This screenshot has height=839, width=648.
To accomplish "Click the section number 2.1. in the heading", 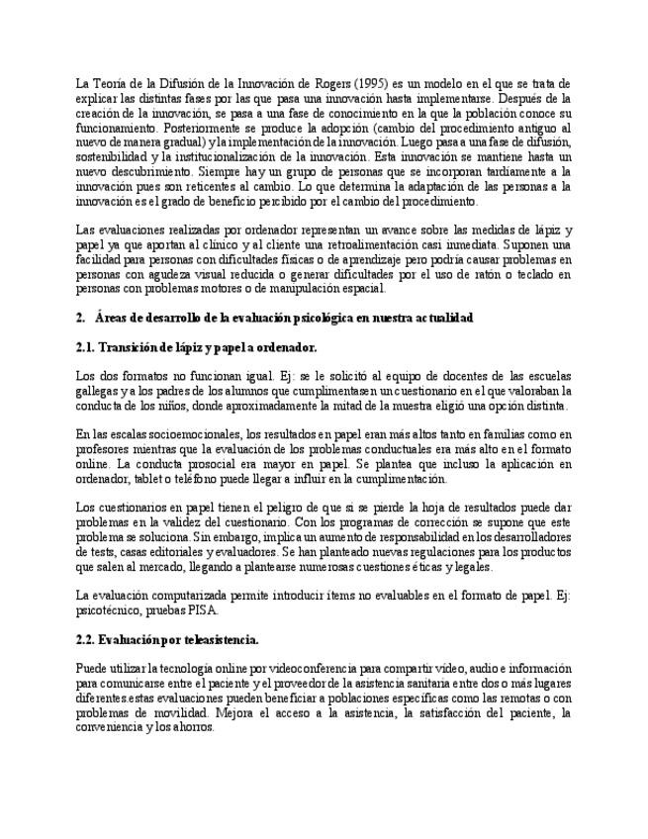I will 87,347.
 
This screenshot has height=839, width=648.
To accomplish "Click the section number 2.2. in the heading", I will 87,640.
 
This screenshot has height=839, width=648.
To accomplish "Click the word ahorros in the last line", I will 189,726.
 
